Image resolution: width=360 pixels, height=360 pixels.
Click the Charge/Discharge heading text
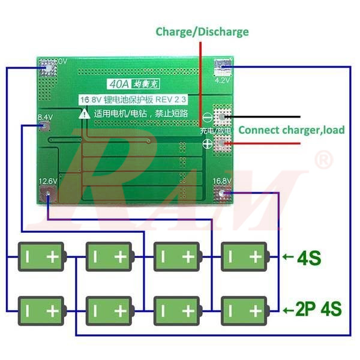pos(202,32)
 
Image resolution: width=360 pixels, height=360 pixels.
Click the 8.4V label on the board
pos(45,117)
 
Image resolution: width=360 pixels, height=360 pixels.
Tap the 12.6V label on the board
pos(47,181)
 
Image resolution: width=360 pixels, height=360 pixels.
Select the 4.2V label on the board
pos(222,79)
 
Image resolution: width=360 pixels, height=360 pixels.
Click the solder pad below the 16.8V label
pos(224,194)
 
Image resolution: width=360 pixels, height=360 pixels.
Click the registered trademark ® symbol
pos(323,160)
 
